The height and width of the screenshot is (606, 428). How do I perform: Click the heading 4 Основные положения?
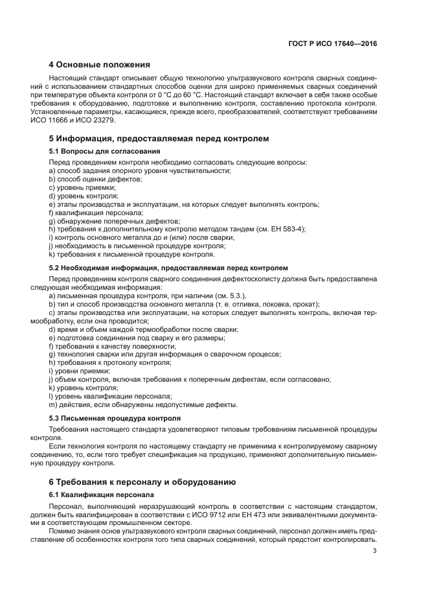pos(100,65)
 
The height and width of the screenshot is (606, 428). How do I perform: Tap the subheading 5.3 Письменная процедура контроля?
pos(110,418)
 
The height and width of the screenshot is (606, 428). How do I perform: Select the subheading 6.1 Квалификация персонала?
pos(98,495)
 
